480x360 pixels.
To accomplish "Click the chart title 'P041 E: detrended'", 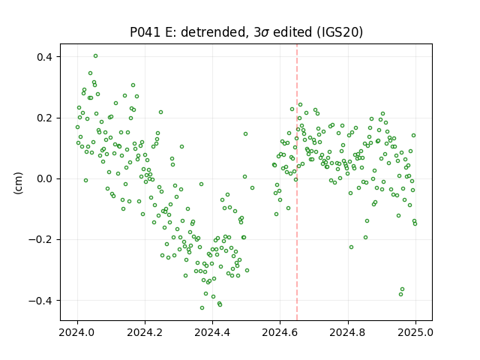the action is point(188,32).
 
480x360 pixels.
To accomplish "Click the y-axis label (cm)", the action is point(18,183).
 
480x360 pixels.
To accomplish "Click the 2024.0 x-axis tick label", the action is point(77,332).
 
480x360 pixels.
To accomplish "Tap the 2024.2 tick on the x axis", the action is point(145,332).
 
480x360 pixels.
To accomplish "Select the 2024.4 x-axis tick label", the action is point(212,332).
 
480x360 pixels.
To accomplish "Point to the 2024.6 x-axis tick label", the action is point(280,332).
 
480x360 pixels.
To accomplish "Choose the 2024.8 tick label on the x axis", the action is point(348,332).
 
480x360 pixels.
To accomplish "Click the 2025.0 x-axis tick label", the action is point(415,332).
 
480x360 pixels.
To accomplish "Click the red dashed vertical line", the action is point(297,182).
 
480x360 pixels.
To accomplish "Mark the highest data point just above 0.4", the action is point(95,56).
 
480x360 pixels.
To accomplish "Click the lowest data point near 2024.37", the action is point(202,307).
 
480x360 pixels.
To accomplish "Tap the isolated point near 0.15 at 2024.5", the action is point(245,133).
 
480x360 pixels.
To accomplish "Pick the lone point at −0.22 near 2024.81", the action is point(351,247).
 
